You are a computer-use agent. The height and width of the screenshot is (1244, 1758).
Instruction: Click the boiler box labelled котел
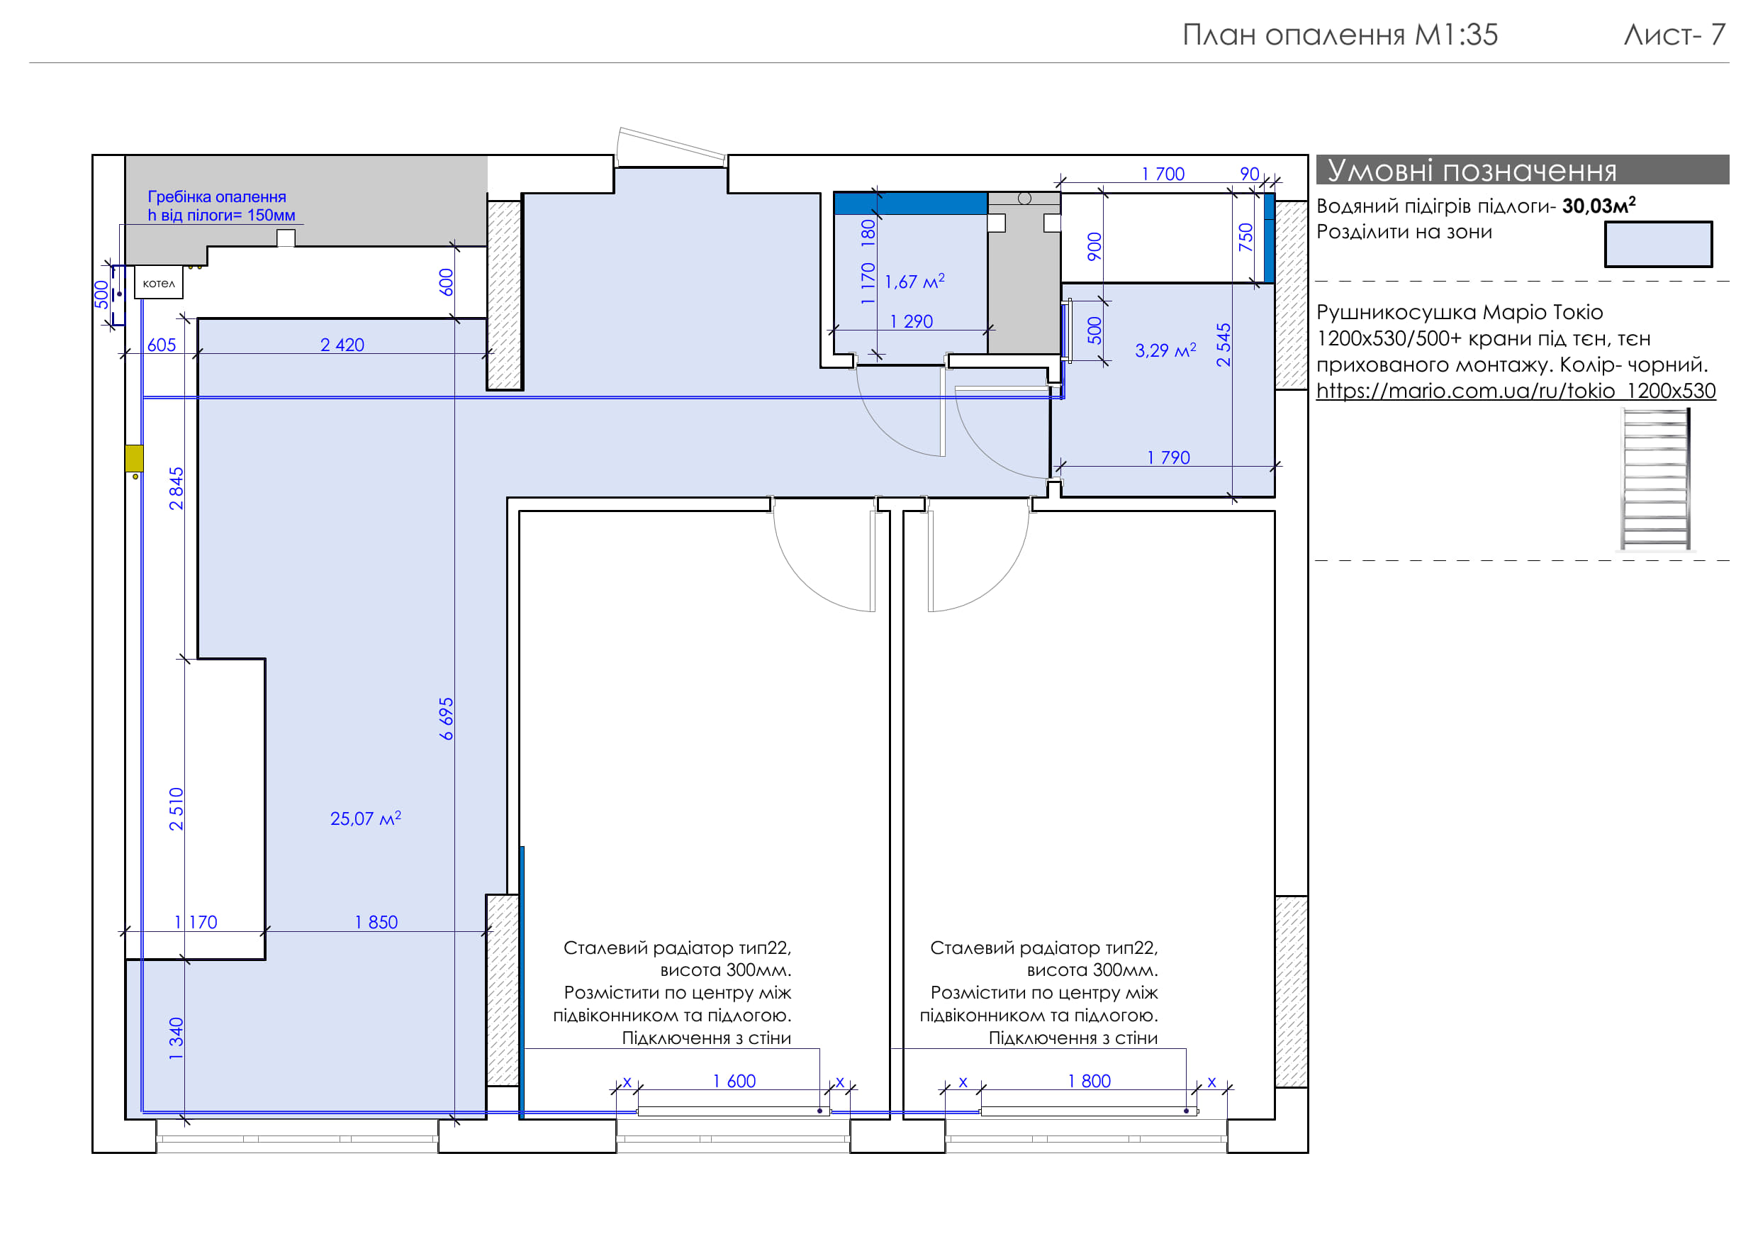[x=159, y=283]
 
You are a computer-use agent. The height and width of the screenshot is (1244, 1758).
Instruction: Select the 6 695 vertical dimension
[x=447, y=718]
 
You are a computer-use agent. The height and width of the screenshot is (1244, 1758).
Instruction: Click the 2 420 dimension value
[x=342, y=345]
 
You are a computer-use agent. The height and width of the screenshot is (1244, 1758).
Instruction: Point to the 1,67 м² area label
[x=914, y=281]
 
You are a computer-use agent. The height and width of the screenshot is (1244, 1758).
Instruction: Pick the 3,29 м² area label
[x=1165, y=350]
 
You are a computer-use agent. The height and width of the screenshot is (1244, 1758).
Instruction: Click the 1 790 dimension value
[x=1168, y=457]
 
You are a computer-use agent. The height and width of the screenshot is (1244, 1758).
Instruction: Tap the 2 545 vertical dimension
[x=1224, y=345]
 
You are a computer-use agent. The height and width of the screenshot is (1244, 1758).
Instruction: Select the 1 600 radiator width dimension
[x=734, y=1081]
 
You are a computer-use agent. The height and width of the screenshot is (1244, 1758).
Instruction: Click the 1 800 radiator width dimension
[x=1090, y=1081]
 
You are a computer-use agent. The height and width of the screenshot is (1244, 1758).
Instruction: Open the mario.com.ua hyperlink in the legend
[x=1516, y=391]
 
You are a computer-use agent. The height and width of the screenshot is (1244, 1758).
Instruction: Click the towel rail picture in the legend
[x=1656, y=479]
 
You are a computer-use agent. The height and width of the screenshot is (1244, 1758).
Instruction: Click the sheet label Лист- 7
[x=1675, y=35]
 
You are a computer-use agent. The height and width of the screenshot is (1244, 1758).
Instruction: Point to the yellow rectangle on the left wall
[x=134, y=458]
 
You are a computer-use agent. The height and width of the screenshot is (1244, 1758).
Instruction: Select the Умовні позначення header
[x=1472, y=170]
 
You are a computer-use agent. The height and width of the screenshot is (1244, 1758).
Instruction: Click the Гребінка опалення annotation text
[x=217, y=197]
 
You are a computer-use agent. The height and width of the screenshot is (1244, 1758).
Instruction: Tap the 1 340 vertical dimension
[x=176, y=1039]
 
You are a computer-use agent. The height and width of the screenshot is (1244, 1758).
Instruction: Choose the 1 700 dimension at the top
[x=1163, y=174]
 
